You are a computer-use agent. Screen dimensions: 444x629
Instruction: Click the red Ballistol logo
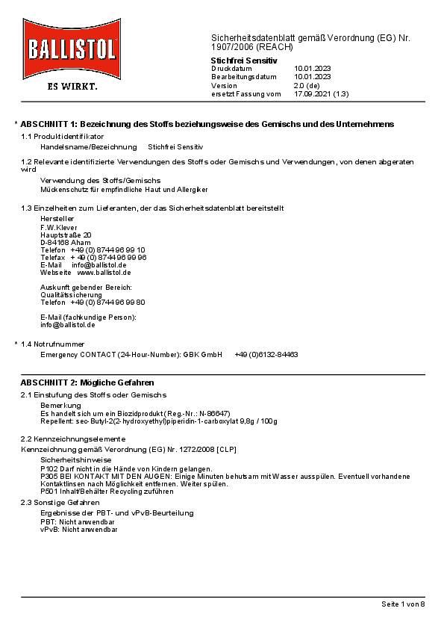click(x=72, y=49)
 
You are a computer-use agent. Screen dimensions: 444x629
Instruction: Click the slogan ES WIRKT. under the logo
click(x=72, y=86)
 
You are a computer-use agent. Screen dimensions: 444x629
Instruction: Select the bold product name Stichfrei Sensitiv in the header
click(x=244, y=60)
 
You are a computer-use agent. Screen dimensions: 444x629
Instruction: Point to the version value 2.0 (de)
click(x=307, y=85)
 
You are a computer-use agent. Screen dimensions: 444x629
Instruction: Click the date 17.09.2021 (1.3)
click(x=321, y=94)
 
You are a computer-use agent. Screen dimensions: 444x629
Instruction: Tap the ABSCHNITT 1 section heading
click(x=207, y=123)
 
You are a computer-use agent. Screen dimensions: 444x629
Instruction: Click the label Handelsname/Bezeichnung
click(x=88, y=147)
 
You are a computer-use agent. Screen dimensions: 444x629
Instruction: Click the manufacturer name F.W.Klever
click(x=58, y=227)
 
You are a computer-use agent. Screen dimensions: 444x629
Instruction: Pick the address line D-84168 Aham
click(x=65, y=242)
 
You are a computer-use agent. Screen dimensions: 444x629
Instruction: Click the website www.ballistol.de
click(x=104, y=272)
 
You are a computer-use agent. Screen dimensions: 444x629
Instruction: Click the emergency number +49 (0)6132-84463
click(x=266, y=354)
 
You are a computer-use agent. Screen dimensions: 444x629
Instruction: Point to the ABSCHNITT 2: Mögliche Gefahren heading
click(x=87, y=382)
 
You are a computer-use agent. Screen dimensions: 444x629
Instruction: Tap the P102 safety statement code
click(x=48, y=468)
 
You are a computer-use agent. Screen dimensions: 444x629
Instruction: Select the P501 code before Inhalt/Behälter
click(x=48, y=492)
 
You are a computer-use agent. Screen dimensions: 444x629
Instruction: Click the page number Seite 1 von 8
click(x=402, y=604)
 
